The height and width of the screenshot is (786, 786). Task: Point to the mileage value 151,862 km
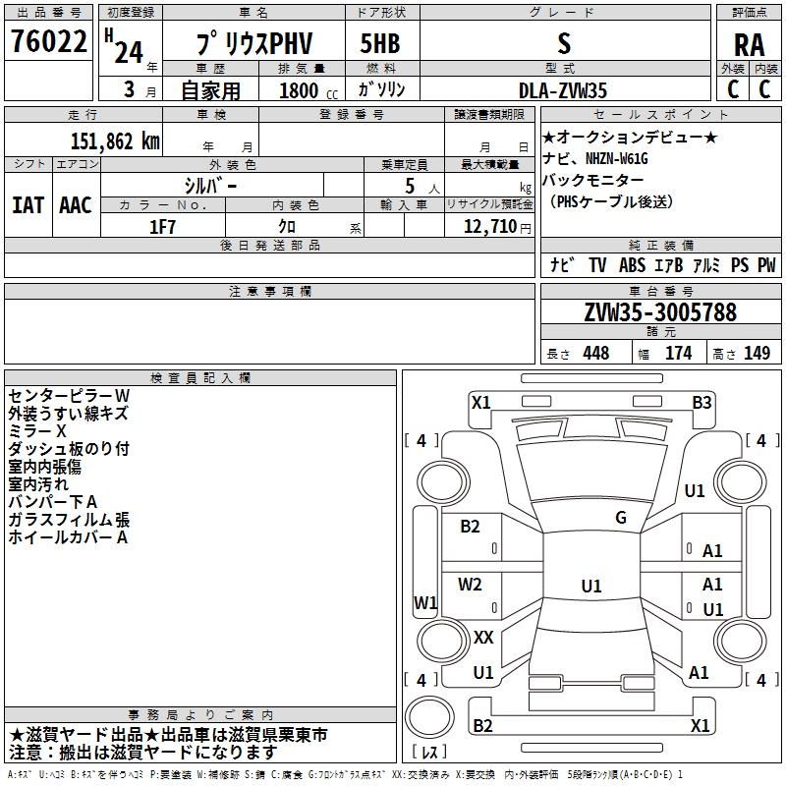pos(115,140)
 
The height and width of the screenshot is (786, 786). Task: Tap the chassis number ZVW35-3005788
pos(659,313)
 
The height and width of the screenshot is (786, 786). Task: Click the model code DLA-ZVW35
pos(563,89)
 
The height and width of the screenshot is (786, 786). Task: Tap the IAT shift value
pos(28,205)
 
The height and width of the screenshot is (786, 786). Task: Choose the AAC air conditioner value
pos(76,205)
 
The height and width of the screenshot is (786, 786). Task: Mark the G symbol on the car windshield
pos(620,518)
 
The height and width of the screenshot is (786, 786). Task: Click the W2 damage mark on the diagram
pos(471,585)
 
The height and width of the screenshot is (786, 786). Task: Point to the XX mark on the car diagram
pos(483,638)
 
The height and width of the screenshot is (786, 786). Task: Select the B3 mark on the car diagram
pos(702,402)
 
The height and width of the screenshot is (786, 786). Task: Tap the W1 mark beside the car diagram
pos(425,602)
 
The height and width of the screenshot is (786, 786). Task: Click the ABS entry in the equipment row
pos(632,265)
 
